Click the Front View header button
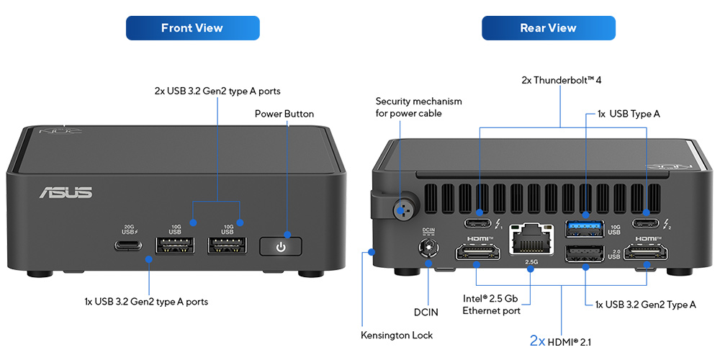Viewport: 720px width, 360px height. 192,28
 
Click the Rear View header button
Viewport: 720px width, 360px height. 548,28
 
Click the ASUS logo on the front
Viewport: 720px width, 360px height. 66,192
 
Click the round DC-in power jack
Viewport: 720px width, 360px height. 428,249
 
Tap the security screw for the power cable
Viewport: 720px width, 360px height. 400,210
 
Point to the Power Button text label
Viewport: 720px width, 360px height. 284,114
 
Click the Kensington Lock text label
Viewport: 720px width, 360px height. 397,335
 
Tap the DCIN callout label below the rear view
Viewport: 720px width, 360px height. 426,312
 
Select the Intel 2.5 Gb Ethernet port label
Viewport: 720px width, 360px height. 490,305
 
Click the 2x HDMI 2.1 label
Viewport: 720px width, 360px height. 560,341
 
